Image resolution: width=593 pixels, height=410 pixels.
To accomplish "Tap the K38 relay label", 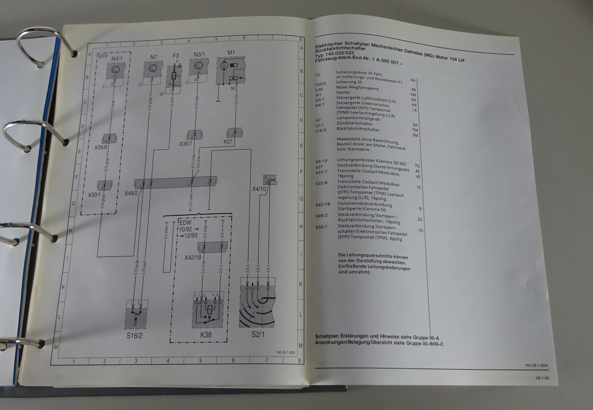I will click(206, 335).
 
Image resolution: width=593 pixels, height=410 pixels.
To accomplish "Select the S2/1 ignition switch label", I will click(258, 334).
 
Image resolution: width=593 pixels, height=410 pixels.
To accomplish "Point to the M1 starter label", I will click(231, 53).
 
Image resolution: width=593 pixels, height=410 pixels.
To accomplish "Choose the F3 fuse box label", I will click(176, 56).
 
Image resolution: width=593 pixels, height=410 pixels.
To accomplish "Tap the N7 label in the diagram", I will click(154, 57).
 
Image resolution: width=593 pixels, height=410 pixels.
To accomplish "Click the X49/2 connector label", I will click(131, 193).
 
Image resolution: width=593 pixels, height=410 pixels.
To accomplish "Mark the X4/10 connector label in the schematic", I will click(259, 189).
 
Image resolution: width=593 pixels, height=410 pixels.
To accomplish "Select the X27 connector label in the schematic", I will click(228, 141).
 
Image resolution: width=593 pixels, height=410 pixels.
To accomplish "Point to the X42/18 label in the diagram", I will click(193, 257).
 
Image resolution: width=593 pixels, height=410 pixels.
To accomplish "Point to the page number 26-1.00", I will click(542, 378).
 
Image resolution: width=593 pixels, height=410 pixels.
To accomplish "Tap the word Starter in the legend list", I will click(343, 93).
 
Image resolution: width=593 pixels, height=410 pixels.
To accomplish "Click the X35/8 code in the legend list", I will click(321, 183).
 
